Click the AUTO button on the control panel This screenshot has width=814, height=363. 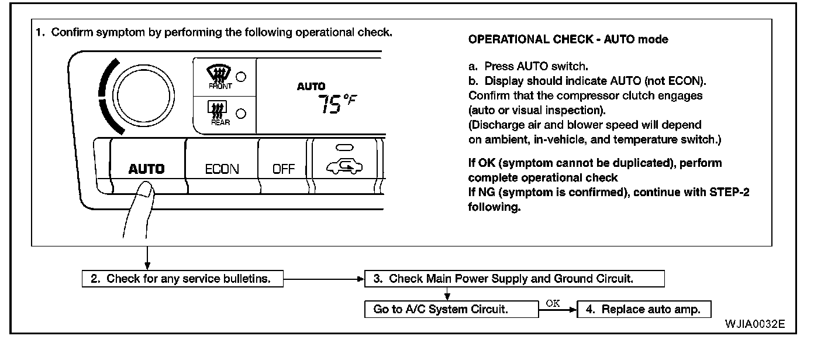coord(147,169)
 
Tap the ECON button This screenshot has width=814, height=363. coord(222,169)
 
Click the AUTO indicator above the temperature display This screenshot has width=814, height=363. coord(311,86)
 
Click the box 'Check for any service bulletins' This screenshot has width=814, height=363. coord(182,279)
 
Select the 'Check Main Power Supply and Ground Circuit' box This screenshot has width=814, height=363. coord(514,279)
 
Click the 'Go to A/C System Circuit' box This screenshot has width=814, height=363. coord(451,310)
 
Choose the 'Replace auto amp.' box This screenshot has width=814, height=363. coord(644,310)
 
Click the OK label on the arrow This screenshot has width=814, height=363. coord(553,303)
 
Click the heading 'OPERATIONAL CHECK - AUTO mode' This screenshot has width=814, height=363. coord(568,40)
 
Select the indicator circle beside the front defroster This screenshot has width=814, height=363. coord(240,77)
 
